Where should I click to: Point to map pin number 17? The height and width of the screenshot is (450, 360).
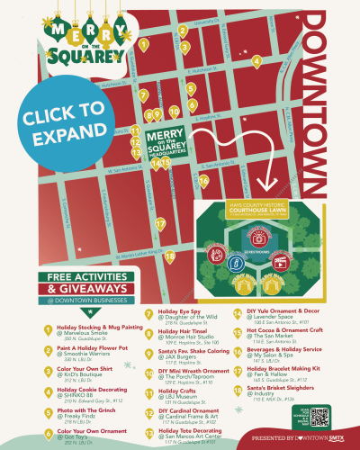160,224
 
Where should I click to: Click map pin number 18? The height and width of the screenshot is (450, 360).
170,256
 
